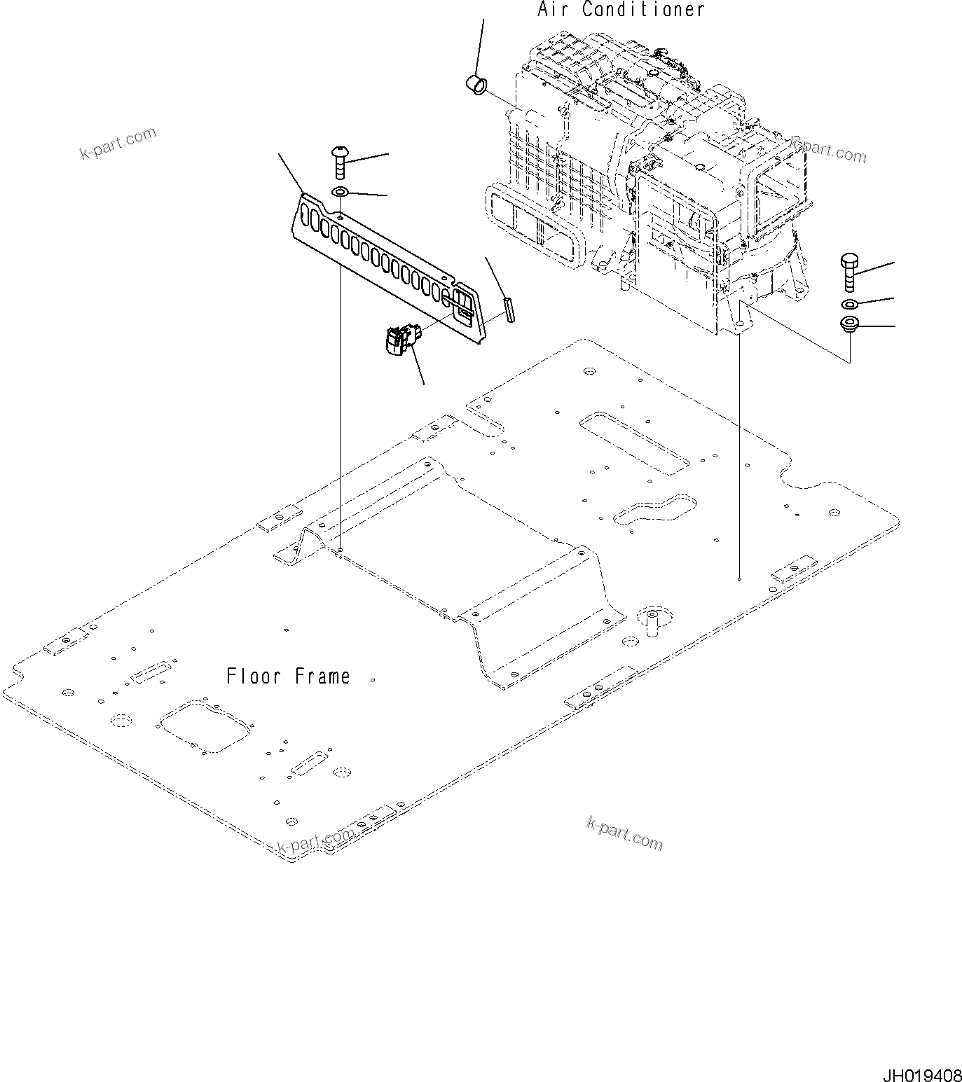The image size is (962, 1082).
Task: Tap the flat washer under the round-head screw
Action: click(x=340, y=193)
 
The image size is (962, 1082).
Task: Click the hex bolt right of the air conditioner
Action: click(x=848, y=272)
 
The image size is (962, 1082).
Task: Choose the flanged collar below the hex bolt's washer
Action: click(x=849, y=325)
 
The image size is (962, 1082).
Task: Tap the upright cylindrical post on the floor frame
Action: click(x=650, y=620)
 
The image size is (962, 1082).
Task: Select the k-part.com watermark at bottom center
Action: click(x=624, y=834)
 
